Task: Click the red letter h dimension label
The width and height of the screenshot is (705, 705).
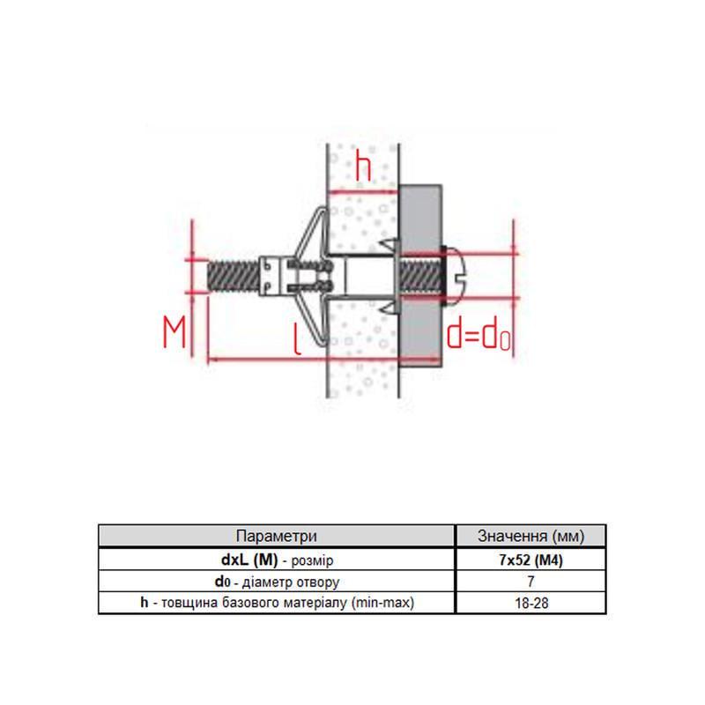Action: (364, 167)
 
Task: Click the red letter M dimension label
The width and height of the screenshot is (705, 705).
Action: (174, 332)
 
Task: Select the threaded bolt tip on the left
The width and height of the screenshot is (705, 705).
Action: (234, 276)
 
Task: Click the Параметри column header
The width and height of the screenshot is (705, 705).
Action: (276, 536)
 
